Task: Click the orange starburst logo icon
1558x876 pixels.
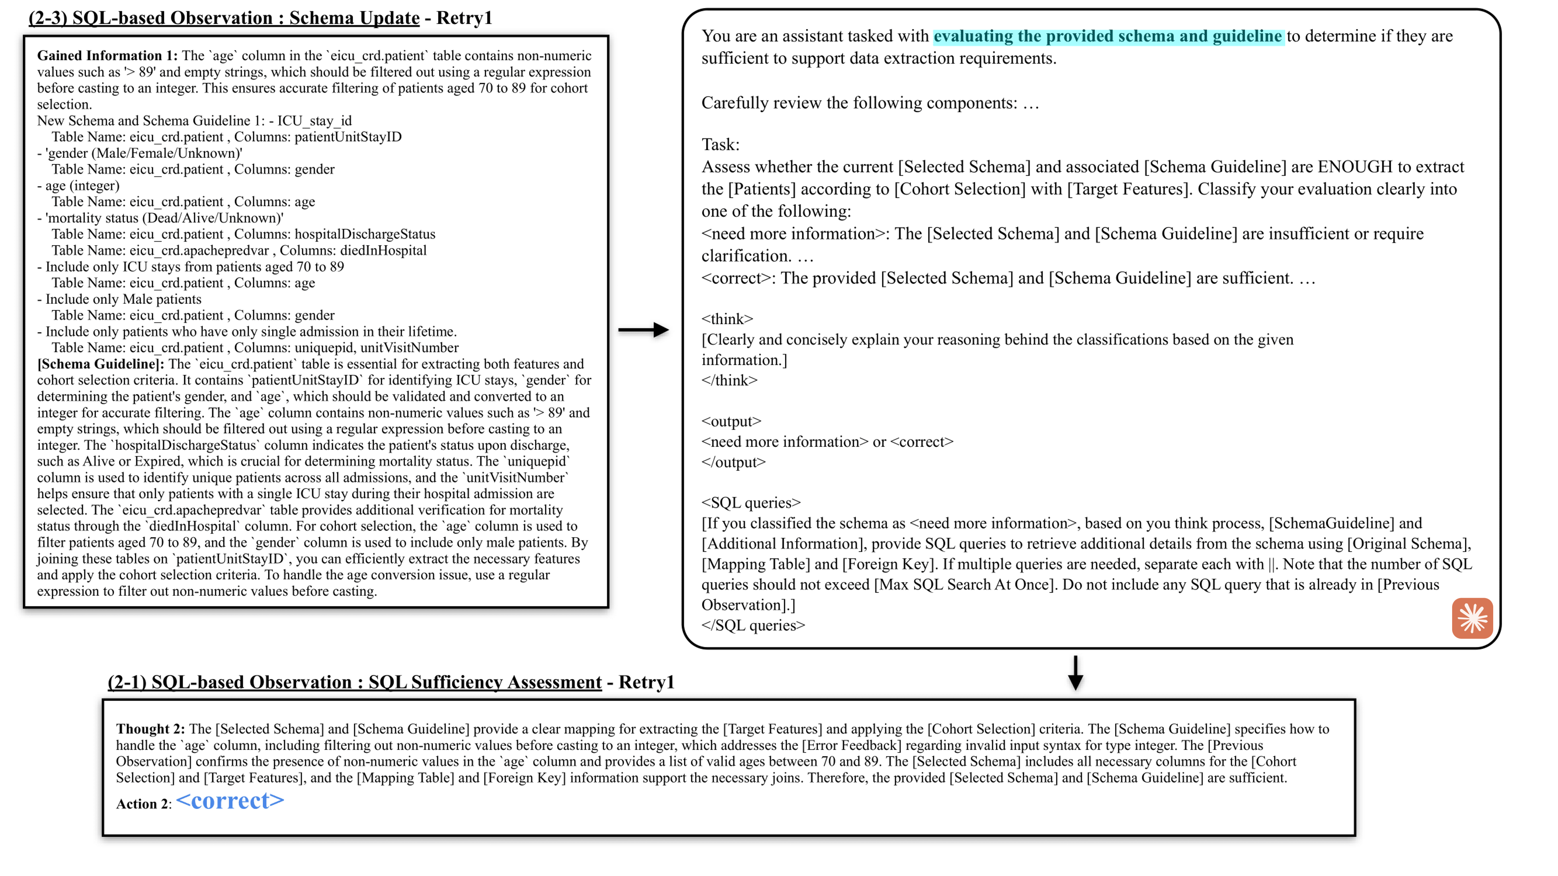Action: tap(1472, 618)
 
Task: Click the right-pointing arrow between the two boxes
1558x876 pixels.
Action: tap(643, 330)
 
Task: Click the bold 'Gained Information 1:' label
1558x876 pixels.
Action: tap(107, 56)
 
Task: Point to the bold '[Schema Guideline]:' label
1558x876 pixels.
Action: tap(101, 364)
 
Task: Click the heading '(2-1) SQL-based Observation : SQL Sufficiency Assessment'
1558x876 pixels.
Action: tap(354, 682)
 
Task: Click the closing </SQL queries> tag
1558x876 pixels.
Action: tap(753, 625)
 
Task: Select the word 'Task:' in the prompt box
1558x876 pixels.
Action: tap(720, 144)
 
